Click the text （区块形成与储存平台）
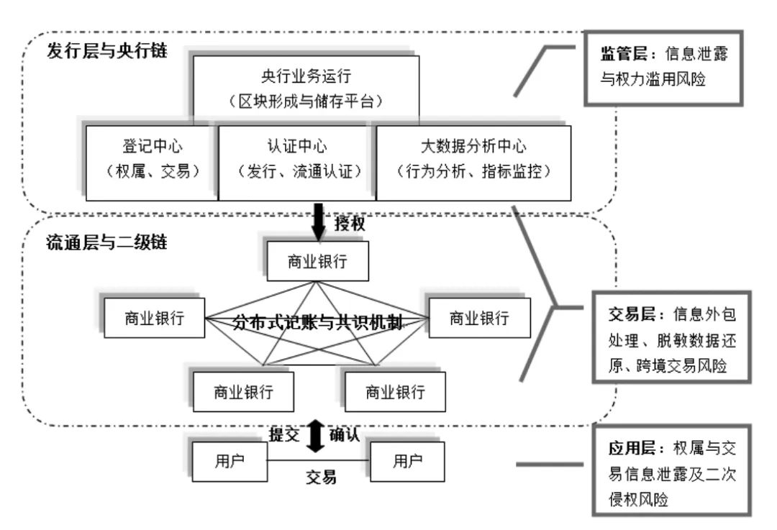[x=306, y=101]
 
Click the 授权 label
[x=350, y=224]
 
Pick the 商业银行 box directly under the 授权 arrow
[x=317, y=262]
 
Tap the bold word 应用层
[x=622, y=447]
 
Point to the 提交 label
[x=284, y=434]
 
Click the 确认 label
[x=344, y=434]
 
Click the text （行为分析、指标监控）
[x=473, y=173]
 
